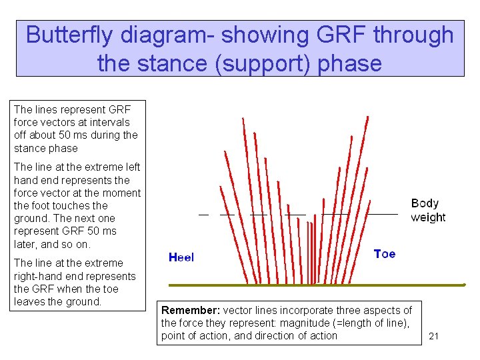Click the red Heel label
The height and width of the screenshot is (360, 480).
[181, 257]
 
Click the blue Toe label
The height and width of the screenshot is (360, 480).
[385, 254]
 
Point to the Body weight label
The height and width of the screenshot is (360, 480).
[428, 211]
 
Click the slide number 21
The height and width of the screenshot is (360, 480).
[433, 337]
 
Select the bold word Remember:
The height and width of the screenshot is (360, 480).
[191, 311]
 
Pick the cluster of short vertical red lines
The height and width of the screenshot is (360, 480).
[311, 253]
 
